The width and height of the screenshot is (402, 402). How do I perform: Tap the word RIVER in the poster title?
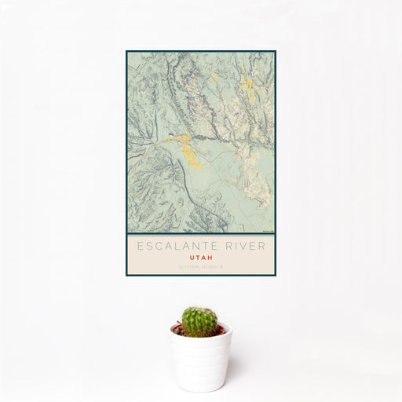click(243, 246)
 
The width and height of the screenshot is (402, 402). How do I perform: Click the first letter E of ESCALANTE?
click(140, 246)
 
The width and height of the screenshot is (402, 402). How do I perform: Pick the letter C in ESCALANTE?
click(159, 246)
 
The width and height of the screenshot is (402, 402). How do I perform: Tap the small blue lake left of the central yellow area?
click(166, 142)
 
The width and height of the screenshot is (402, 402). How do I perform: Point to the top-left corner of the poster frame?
click(126, 52)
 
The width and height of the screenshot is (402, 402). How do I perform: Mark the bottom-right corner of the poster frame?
click(276, 276)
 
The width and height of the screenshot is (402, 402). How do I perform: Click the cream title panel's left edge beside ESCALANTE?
click(130, 246)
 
